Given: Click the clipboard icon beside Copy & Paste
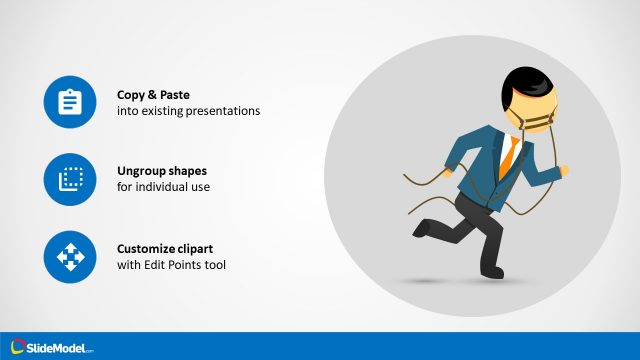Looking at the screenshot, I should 70,102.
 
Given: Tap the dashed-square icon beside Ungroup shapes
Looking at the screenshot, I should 70,180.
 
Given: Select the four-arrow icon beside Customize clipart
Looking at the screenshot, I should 70,258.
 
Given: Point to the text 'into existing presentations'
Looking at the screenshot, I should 188,111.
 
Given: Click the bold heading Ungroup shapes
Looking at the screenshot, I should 162,170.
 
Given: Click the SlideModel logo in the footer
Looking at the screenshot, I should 50,347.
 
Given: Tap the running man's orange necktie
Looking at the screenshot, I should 509,153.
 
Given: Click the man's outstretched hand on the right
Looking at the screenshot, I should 565,173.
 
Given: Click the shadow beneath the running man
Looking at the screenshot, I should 470,283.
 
